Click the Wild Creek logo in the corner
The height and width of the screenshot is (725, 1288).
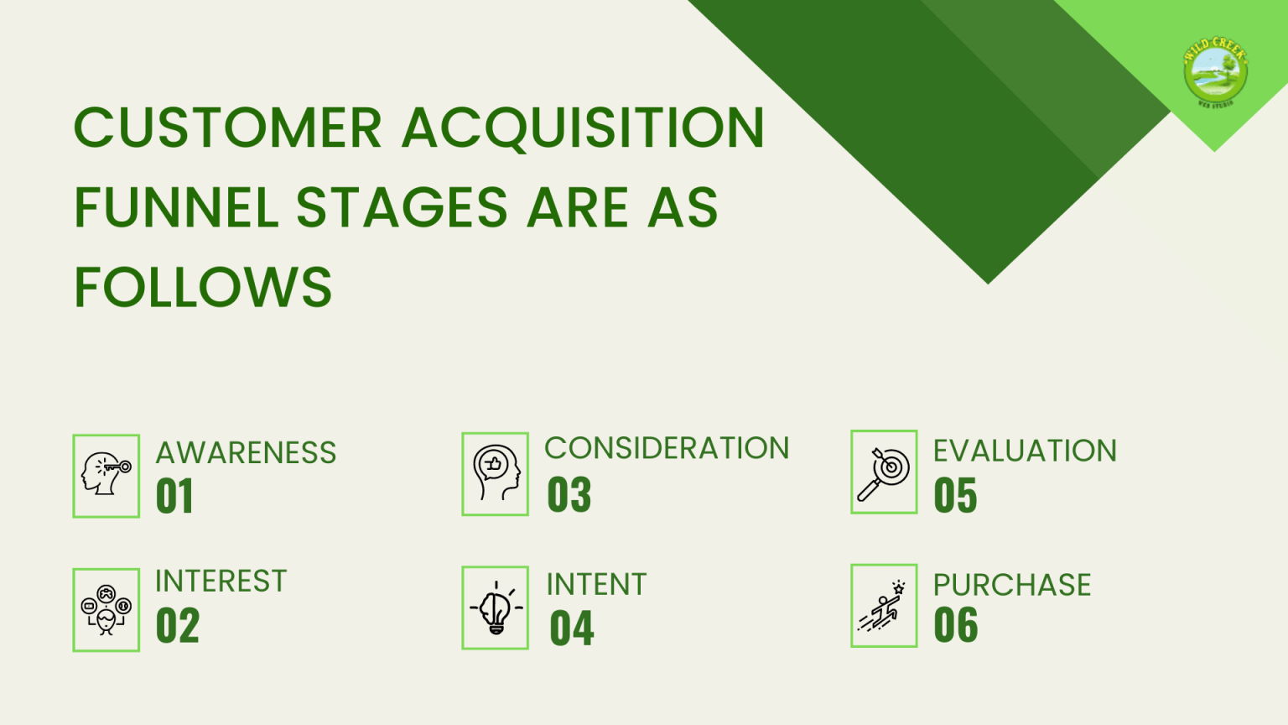point(1215,72)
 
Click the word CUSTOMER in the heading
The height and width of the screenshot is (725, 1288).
point(227,128)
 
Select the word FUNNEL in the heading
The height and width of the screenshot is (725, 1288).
point(176,208)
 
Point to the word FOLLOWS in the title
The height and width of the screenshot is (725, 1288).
point(203,288)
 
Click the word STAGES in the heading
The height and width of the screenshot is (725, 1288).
point(402,208)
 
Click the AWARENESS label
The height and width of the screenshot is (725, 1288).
point(246,453)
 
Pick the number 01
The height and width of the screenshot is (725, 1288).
point(174,496)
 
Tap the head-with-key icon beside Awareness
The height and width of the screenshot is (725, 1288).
point(106,476)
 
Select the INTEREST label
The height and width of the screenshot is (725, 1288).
point(221,582)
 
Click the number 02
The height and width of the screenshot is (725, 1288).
point(178,626)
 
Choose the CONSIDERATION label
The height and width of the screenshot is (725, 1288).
point(667,449)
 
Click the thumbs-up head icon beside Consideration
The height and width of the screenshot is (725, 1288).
point(495,473)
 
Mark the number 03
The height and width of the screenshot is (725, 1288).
point(569,495)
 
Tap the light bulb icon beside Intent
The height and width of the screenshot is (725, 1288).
point(495,608)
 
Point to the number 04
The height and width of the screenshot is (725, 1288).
point(572,629)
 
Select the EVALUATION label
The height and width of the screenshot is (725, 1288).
point(1025,451)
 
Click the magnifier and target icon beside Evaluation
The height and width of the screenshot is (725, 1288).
point(884,472)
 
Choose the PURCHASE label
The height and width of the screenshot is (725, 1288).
point(1012,585)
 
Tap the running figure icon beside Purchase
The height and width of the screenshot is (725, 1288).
point(884,606)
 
